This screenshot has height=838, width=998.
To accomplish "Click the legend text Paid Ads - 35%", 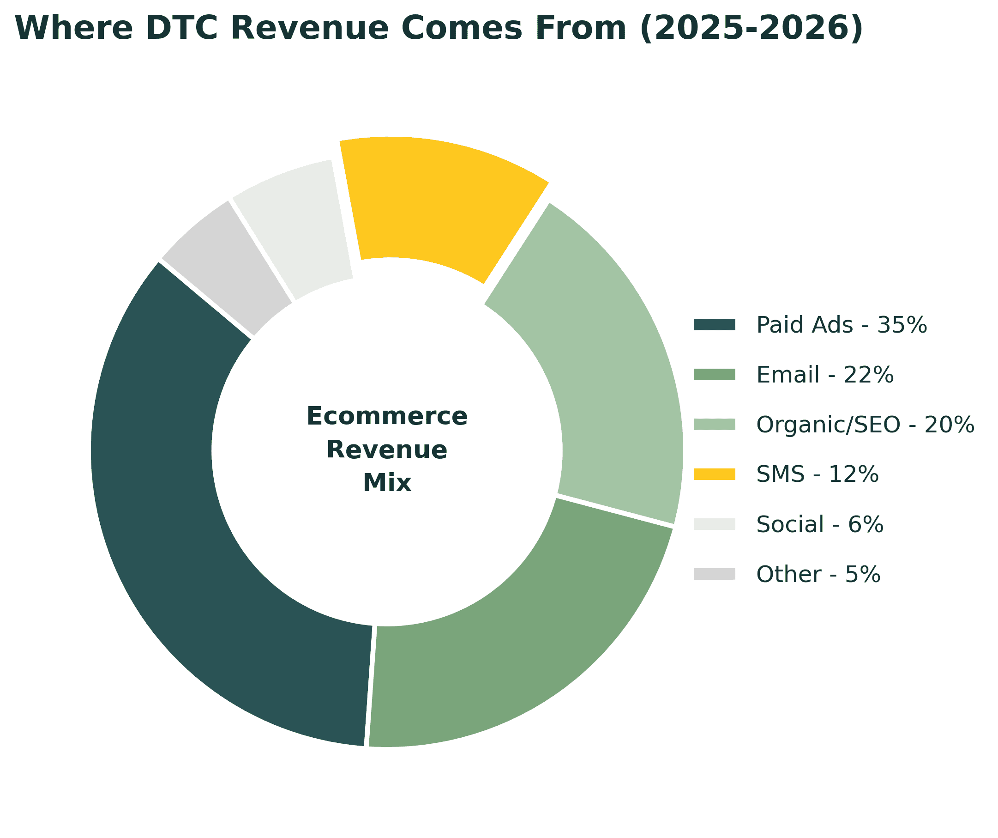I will point(841,325).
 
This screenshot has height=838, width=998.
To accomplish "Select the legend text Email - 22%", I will point(824,375).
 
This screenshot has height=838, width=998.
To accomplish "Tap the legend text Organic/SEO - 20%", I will point(865,425).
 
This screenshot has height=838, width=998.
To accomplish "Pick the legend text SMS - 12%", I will point(818,474).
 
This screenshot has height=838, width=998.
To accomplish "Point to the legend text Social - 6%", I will point(820,525).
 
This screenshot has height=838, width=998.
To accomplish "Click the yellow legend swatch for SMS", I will point(714,474).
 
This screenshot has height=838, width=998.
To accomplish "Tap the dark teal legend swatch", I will point(714,325).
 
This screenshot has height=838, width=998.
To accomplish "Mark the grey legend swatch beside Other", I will point(714,574).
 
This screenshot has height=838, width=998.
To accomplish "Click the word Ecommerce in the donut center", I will point(387,417).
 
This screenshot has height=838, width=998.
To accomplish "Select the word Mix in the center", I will point(387,483).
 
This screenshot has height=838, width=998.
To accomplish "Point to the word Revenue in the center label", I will point(387,450).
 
